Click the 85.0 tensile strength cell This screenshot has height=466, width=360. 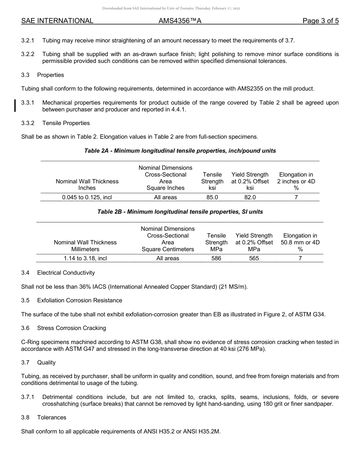coord(212,197)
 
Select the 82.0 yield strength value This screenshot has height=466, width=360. coord(250,197)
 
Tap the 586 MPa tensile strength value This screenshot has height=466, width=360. coord(216,258)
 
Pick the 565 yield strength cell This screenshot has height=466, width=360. coord(254,258)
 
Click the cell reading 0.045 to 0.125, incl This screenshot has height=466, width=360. coord(87,197)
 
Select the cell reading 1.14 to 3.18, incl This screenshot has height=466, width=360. coord(85,258)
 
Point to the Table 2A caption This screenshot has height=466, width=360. coord(180,151)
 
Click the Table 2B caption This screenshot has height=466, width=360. coord(180,212)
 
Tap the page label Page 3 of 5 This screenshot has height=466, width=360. coord(321,21)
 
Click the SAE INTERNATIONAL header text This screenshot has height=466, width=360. coord(57,21)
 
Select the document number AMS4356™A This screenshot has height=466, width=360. coord(180,21)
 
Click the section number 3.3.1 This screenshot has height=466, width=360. coord(28,103)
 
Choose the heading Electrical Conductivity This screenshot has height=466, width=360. coord(66,273)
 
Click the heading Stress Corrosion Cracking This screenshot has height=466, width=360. coord(72,328)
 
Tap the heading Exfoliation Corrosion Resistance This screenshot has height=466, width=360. coord(80,300)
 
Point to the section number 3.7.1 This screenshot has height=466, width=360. coord(28,397)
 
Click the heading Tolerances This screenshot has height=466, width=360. coord(52,418)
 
